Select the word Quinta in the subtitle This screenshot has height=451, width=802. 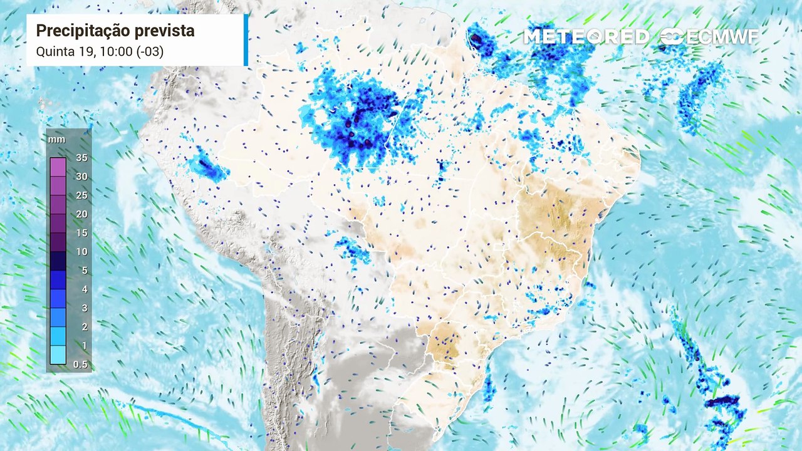[x=53, y=51]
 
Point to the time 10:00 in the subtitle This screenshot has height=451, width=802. [x=117, y=51]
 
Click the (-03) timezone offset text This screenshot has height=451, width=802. [x=150, y=51]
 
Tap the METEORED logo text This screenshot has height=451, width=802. [x=586, y=37]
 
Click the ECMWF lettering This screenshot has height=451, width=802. [x=722, y=37]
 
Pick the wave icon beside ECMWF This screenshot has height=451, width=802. [x=672, y=37]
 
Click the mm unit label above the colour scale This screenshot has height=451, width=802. [x=56, y=140]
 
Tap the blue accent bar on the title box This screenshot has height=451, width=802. [x=246, y=40]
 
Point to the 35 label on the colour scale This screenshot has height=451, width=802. [x=81, y=158]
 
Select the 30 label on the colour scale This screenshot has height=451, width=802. [x=81, y=177]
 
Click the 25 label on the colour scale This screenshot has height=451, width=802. [x=81, y=195]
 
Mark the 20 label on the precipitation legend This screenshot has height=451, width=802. [x=81, y=214]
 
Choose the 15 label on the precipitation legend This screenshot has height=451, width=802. [x=81, y=233]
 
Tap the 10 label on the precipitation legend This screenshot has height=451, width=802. [x=81, y=252]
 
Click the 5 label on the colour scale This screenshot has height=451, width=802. [x=84, y=271]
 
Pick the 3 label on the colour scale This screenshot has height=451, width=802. [x=84, y=308]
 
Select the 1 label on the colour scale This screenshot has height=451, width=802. [x=84, y=346]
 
